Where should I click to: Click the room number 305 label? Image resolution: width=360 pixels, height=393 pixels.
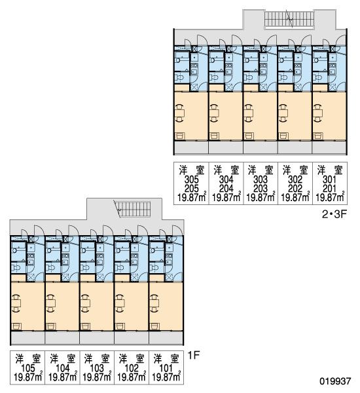coord(192,179)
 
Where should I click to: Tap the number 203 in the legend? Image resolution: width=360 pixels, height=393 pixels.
coord(261,189)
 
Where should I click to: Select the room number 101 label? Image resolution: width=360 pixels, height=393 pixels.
coord(166,368)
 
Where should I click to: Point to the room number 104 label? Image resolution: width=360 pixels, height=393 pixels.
coord(62,368)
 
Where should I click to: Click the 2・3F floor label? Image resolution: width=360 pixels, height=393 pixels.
coord(334,214)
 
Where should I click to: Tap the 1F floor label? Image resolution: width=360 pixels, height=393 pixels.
coord(193,355)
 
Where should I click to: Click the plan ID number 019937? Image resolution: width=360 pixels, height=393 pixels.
coord(335,381)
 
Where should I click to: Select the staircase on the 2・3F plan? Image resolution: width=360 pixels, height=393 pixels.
coord(289,19)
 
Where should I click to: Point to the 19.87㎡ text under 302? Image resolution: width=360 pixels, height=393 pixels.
coord(295,197)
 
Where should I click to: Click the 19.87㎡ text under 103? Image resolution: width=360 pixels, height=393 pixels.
coord(97,377)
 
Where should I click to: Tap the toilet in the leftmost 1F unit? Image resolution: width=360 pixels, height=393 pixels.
coord(16,268)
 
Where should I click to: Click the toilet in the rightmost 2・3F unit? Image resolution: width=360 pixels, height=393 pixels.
coord(318,77)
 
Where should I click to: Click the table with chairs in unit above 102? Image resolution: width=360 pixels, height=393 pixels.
coord(120,303)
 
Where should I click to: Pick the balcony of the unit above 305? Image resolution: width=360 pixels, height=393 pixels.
coord(191,147)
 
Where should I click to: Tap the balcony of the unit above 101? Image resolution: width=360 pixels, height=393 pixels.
coord(166,338)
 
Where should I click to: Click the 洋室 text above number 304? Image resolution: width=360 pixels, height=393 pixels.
coord(226,170)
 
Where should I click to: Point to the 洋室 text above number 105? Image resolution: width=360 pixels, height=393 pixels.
coord(27,359)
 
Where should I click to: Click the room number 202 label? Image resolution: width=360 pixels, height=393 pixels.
coord(295,189)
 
